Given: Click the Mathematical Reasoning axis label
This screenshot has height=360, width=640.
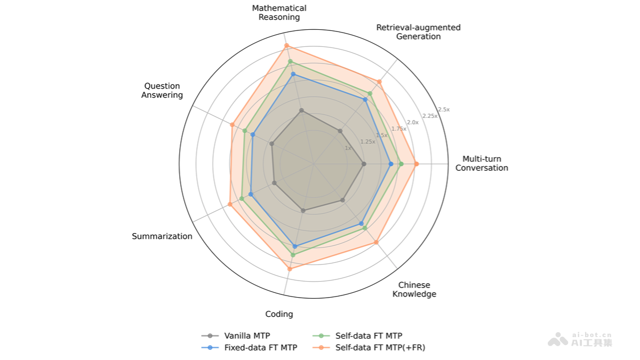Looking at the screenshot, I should (279, 13).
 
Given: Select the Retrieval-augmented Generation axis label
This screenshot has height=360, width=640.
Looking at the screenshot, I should (418, 32).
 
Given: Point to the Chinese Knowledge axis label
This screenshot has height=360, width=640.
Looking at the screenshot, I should (414, 290).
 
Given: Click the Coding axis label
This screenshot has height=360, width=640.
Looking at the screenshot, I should (279, 314).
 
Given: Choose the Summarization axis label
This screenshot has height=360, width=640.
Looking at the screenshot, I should (162, 236).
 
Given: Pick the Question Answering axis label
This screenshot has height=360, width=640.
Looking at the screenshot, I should (162, 91).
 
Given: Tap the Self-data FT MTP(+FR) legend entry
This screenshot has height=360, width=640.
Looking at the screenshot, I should (380, 348).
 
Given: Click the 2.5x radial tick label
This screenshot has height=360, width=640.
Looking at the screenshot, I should (444, 109).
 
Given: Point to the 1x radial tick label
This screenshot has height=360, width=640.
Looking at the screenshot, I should (348, 148).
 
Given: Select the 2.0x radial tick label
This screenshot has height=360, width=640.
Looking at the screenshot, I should (413, 122).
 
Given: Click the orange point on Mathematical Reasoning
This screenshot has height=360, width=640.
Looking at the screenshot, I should (286, 45).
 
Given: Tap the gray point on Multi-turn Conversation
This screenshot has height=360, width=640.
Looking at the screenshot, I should (364, 164).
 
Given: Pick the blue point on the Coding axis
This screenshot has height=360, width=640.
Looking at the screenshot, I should (295, 246).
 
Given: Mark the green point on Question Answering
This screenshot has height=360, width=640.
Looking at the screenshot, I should (245, 131).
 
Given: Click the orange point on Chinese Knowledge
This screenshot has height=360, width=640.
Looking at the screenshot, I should (377, 243).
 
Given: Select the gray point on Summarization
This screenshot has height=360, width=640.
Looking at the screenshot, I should (274, 183).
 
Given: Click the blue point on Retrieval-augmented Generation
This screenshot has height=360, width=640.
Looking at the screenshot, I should (365, 99).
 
